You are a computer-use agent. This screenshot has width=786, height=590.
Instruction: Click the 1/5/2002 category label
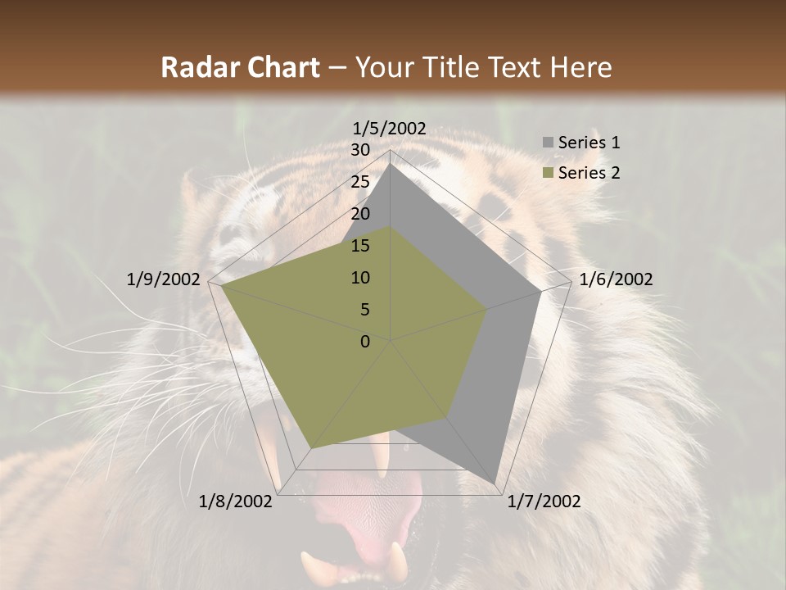pos(390,129)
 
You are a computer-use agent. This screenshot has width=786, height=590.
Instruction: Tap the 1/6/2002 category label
pos(616,279)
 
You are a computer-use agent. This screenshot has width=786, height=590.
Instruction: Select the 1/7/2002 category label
pos(544,501)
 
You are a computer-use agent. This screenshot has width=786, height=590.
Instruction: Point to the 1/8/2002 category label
pos(236,501)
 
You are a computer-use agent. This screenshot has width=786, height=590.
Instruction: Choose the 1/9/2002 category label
pos(164,279)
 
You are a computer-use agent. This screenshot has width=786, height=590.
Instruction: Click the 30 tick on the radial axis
pos(360,150)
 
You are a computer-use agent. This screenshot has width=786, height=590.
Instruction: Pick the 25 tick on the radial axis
pos(360,182)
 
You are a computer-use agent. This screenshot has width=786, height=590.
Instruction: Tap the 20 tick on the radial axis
pos(360,214)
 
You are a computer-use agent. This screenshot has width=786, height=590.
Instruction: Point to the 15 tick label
pos(360,246)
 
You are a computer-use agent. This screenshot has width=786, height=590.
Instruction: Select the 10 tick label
pos(360,278)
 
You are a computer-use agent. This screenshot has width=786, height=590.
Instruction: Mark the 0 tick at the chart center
pos(365,342)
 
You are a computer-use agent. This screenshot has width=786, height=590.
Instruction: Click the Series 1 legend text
pos(589,143)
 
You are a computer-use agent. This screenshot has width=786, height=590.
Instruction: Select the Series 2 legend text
pos(589,173)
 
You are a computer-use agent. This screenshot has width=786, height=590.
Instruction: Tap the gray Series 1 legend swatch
pos(548,143)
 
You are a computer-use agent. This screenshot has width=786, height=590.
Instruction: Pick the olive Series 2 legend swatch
pos(548,174)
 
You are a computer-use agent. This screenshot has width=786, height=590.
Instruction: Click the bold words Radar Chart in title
pos(240,67)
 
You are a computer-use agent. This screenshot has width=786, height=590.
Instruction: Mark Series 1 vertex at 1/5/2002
pos(390,164)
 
